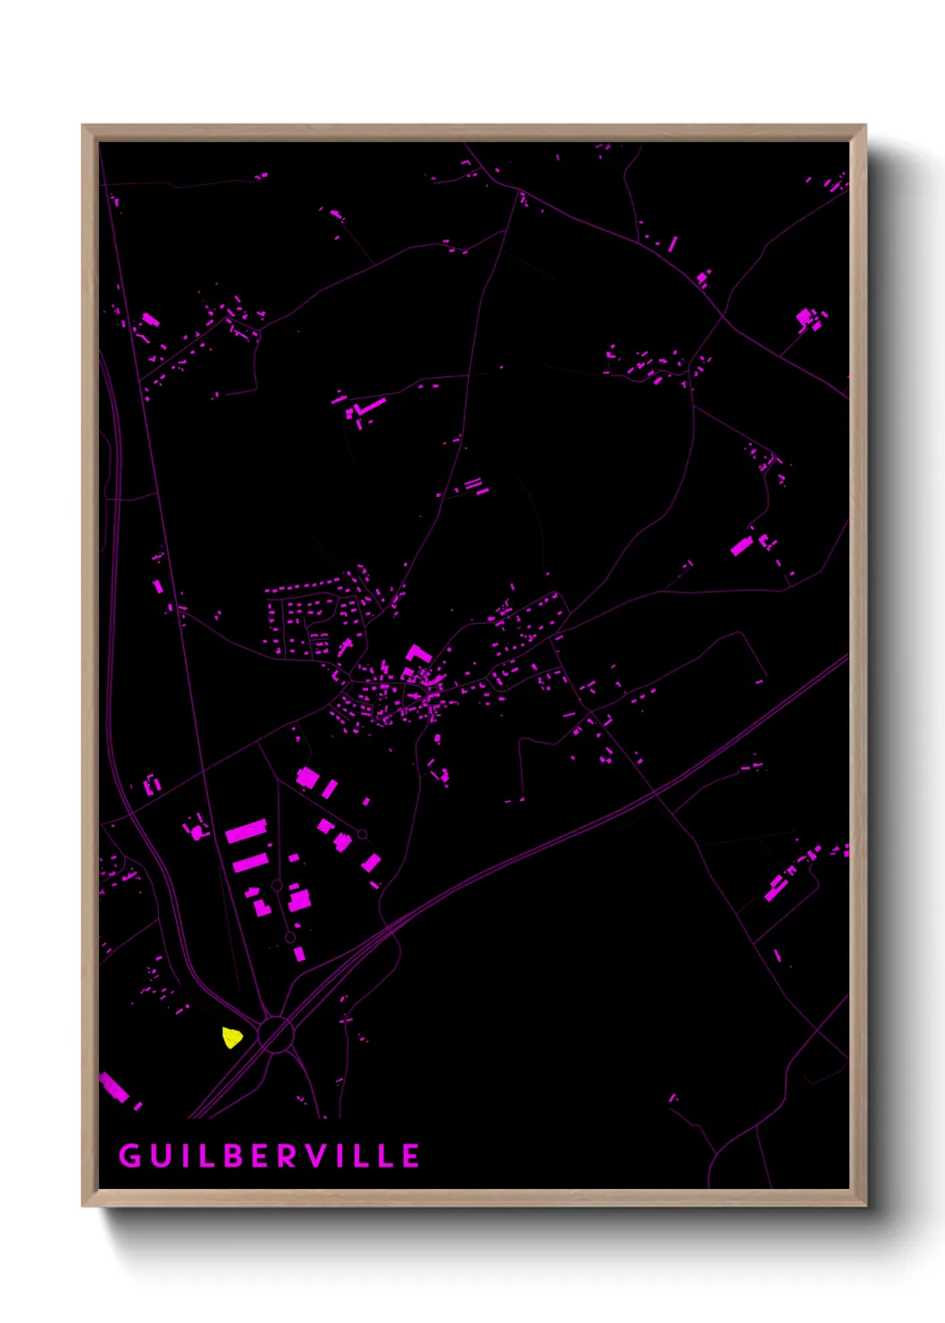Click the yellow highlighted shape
tap(232, 1038)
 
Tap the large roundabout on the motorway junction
tap(276, 1035)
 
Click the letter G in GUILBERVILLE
tap(130, 1156)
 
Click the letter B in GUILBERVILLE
tap(234, 1156)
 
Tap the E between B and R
tap(262, 1156)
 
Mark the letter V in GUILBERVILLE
tap(319, 1156)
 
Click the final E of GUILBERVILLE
tap(411, 1156)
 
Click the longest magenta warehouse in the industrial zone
tap(247, 832)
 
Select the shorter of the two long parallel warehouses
tap(251, 863)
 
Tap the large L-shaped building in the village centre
tap(416, 654)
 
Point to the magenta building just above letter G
tap(114, 1088)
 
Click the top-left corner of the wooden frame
tap(83, 126)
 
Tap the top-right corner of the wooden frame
tap(865, 126)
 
